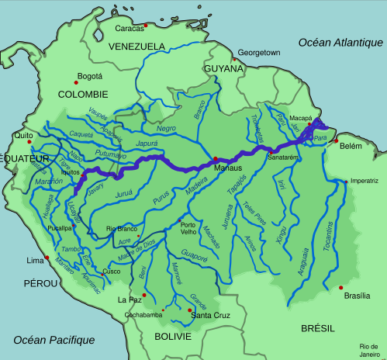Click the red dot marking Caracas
click(145, 26)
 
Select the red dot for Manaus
click(216, 159)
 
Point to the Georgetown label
click(258, 52)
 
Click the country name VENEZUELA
click(136, 46)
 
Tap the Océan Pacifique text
click(54, 340)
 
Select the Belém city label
click(351, 146)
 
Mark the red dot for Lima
click(47, 258)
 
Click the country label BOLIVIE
click(172, 337)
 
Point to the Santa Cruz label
click(212, 315)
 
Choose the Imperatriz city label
click(364, 181)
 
